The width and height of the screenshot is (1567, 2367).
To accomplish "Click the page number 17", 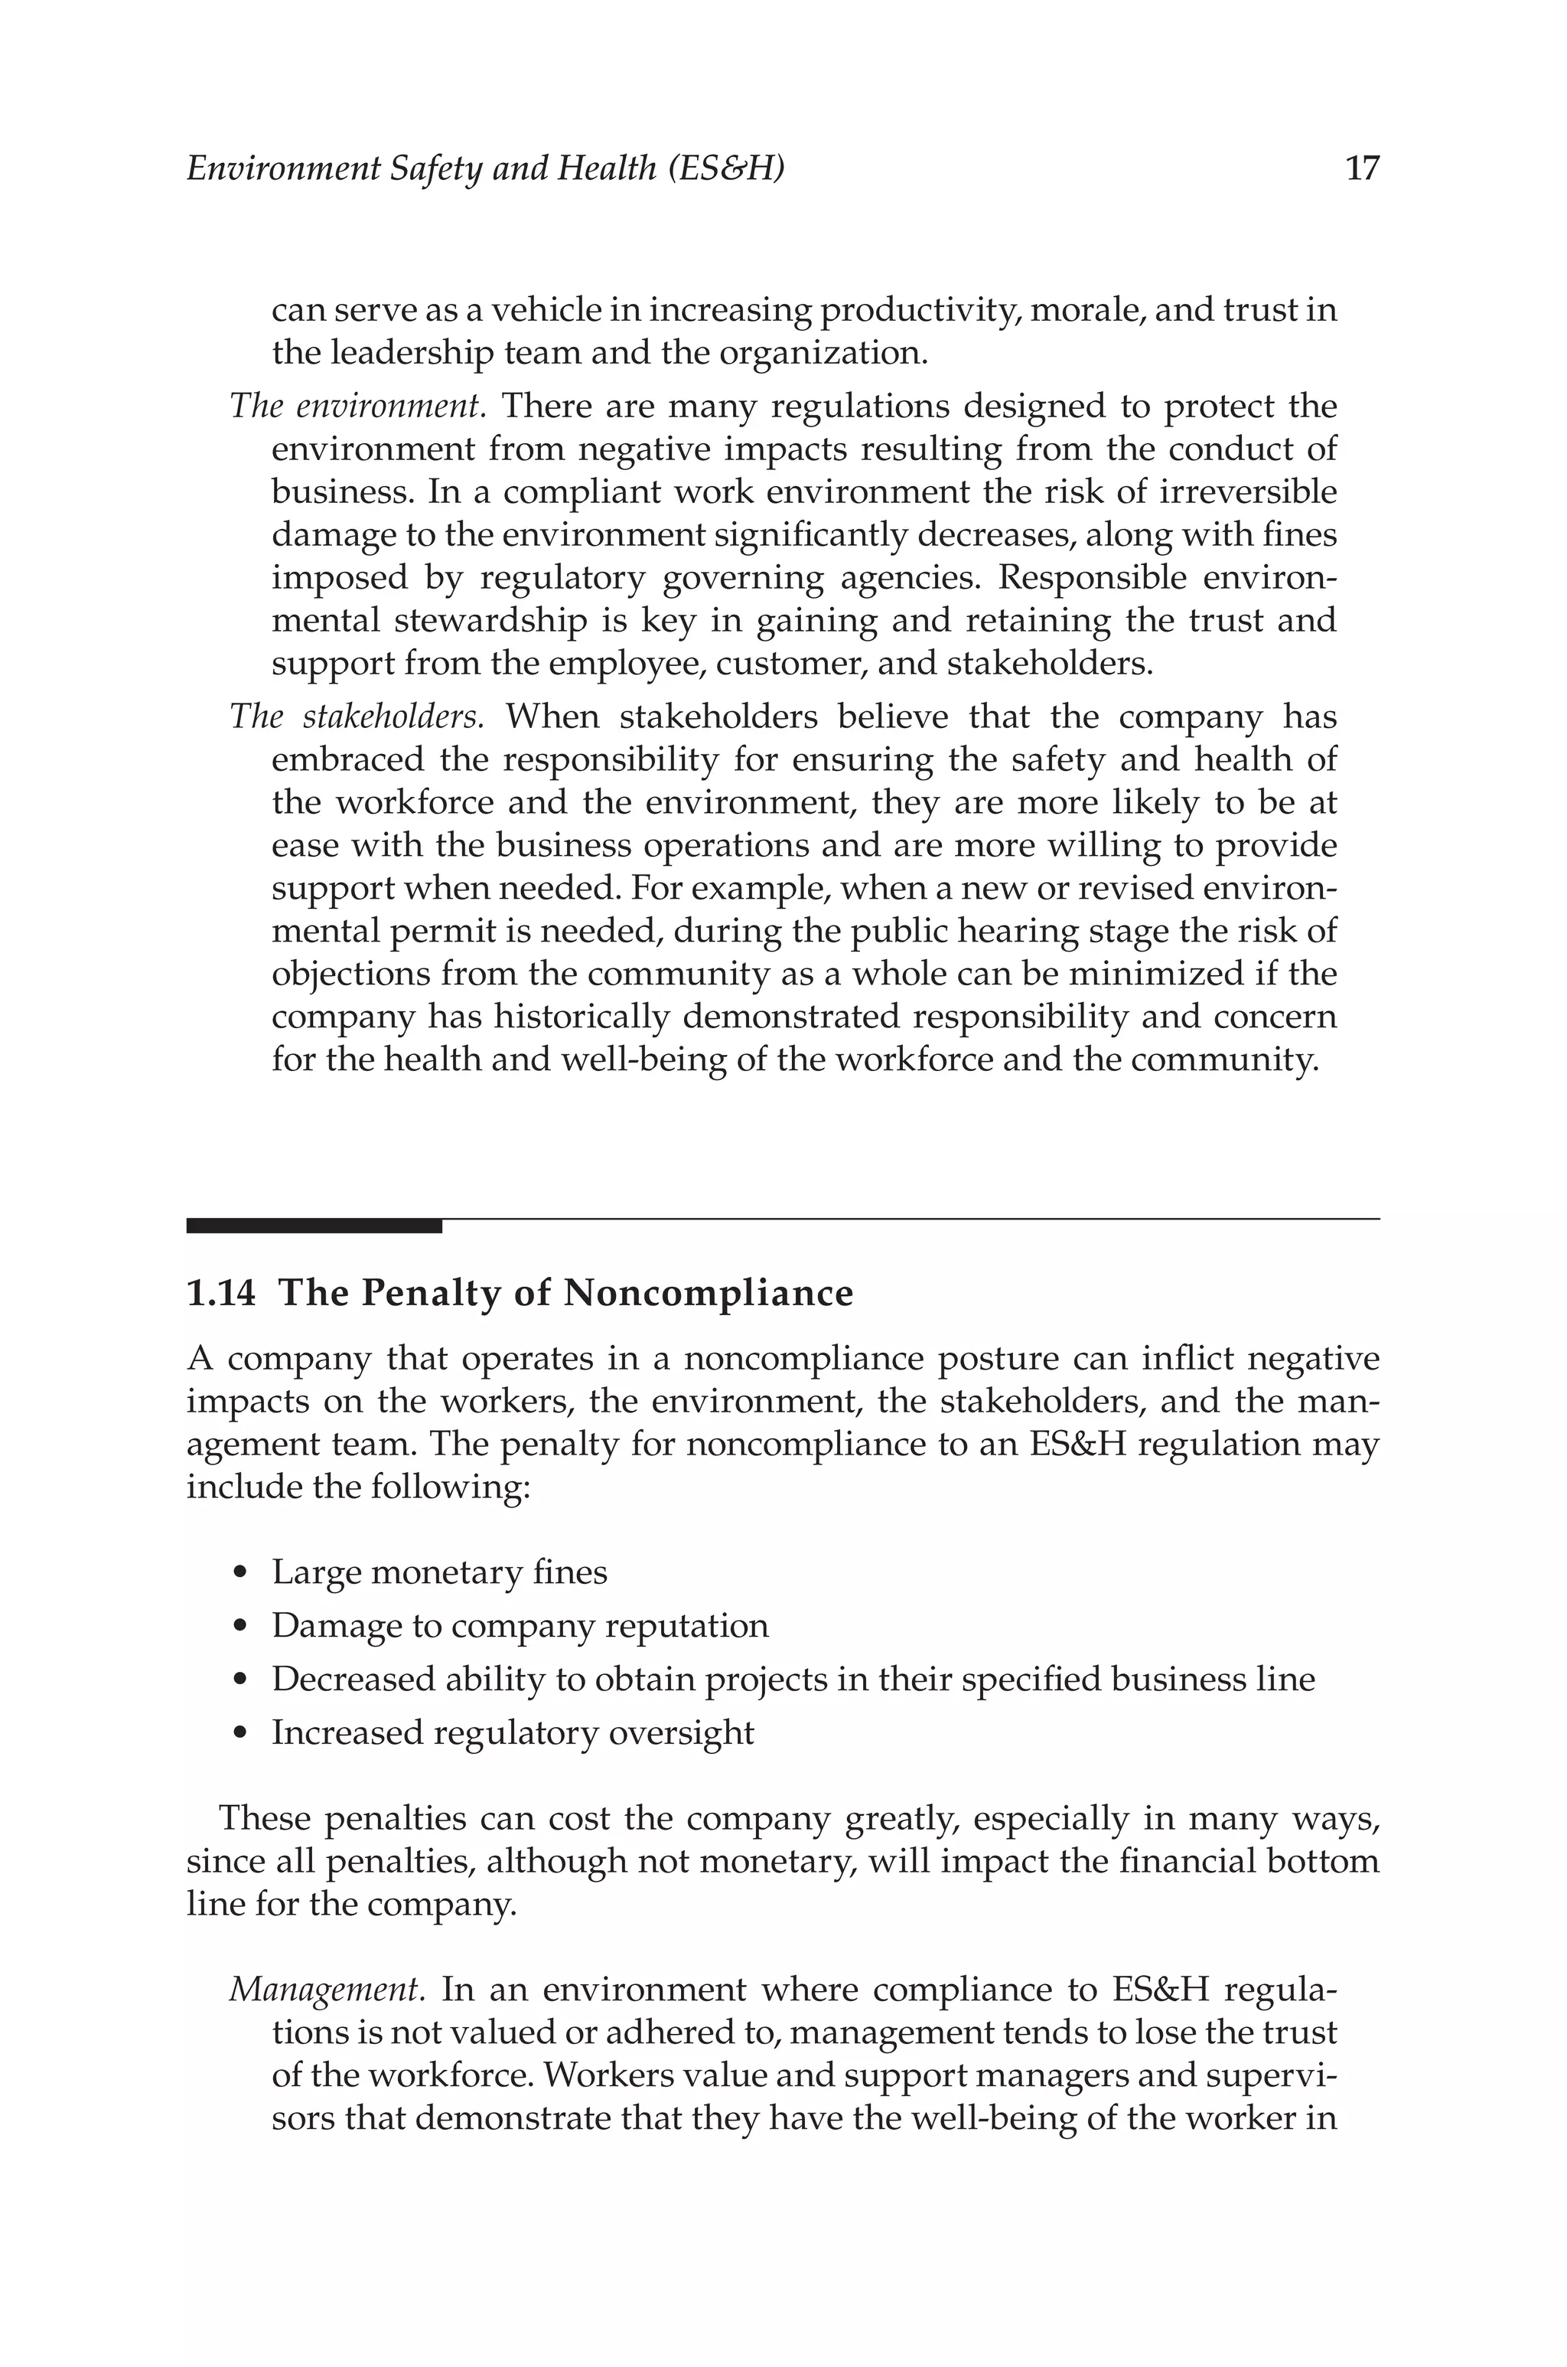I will click(1362, 168).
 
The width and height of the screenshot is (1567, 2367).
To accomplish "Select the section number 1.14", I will click(221, 1294).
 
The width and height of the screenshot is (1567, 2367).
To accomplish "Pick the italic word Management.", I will click(327, 1989).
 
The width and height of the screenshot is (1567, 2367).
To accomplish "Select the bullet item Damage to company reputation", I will click(520, 1626).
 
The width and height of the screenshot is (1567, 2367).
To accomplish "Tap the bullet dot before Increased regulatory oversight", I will click(239, 1733).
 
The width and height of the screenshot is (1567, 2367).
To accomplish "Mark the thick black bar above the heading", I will click(314, 1226).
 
